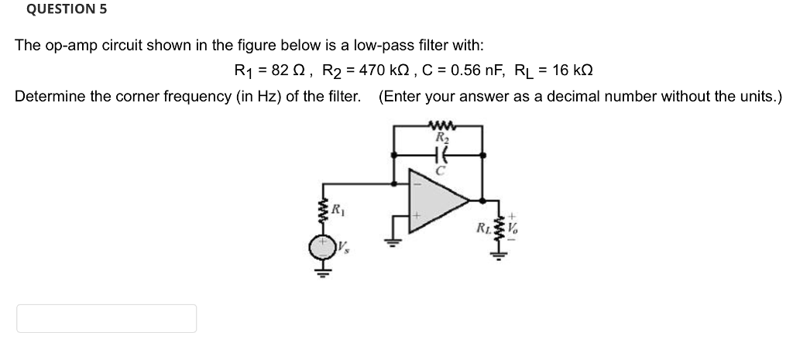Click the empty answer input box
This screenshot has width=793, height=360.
(x=106, y=318)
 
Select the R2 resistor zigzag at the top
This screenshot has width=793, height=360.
(x=439, y=125)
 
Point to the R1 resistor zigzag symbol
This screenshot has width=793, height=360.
(x=321, y=210)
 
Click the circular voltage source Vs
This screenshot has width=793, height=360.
(x=321, y=247)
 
